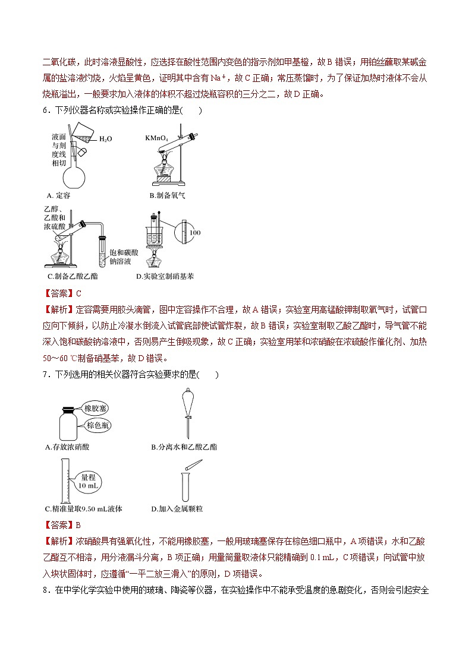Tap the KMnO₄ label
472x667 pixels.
click(156, 138)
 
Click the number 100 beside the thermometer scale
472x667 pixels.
click(195, 232)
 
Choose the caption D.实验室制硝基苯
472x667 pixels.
click(165, 276)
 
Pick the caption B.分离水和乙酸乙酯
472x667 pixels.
click(184, 447)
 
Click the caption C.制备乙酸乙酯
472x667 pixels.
click(73, 276)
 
